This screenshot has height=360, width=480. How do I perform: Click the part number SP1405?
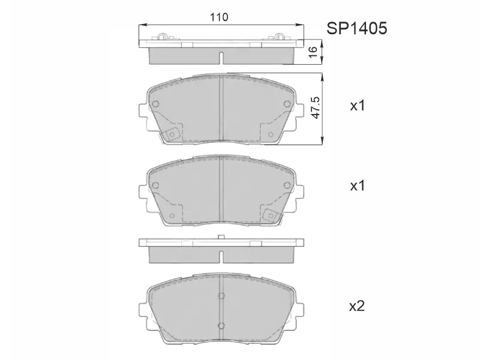(356, 28)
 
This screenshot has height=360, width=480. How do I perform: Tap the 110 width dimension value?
(219, 17)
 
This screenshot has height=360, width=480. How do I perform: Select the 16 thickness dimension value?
(312, 52)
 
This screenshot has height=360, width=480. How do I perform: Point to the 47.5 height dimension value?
(316, 108)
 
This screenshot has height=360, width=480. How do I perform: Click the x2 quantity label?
(357, 305)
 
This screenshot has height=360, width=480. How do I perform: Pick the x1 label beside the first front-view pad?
(358, 106)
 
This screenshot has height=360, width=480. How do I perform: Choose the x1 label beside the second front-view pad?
(358, 185)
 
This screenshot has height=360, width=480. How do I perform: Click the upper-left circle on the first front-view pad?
(155, 104)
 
